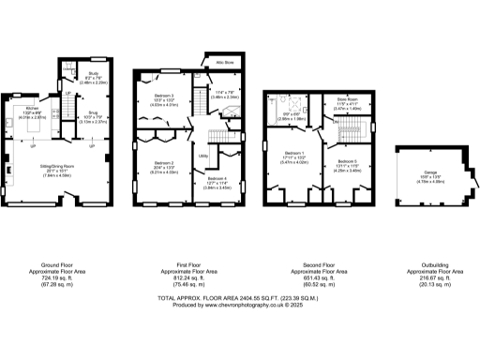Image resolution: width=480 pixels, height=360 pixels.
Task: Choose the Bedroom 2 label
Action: point(165,162)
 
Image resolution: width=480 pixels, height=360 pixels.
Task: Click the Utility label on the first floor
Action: point(202,157)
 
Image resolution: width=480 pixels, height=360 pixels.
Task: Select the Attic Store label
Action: point(225,64)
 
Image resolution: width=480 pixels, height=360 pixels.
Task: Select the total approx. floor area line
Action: point(240,297)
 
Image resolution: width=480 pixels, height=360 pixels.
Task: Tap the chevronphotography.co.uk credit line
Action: point(240,305)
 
